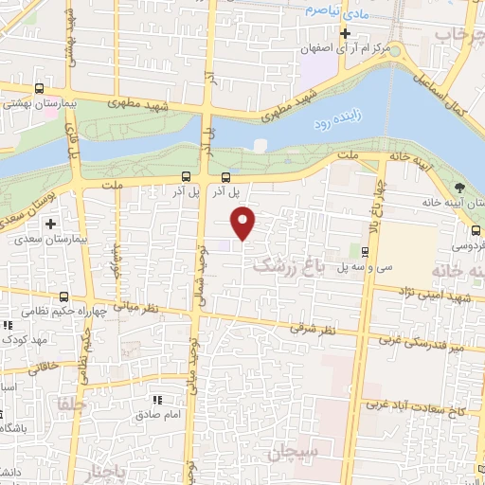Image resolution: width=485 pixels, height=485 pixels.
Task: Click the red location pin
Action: tap(244, 223)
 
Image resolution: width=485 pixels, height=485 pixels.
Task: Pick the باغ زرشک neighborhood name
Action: tap(289, 268)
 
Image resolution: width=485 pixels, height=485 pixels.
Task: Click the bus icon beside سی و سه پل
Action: tap(365, 251)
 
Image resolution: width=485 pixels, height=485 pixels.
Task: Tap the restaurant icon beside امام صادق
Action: tap(158, 400)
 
